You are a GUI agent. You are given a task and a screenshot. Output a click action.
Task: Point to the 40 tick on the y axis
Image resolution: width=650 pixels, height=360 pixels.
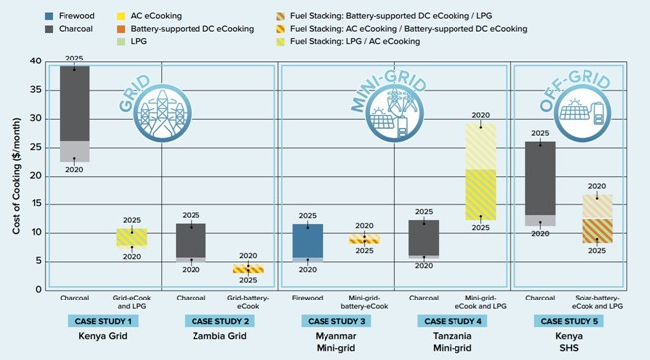tap(39, 61)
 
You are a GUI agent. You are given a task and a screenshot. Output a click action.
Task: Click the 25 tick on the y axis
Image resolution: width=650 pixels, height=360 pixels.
tap(39, 147)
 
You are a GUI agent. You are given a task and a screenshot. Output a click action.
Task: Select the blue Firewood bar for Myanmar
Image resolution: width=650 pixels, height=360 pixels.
tap(308, 241)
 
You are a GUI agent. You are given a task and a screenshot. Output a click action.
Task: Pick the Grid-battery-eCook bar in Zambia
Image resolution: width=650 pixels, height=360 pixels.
tap(248, 269)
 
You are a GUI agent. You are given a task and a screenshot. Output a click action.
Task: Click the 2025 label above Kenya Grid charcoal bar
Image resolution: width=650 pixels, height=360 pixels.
tap(74, 59)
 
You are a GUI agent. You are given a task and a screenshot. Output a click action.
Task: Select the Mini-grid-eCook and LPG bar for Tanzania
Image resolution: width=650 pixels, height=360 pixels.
tap(480, 174)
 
